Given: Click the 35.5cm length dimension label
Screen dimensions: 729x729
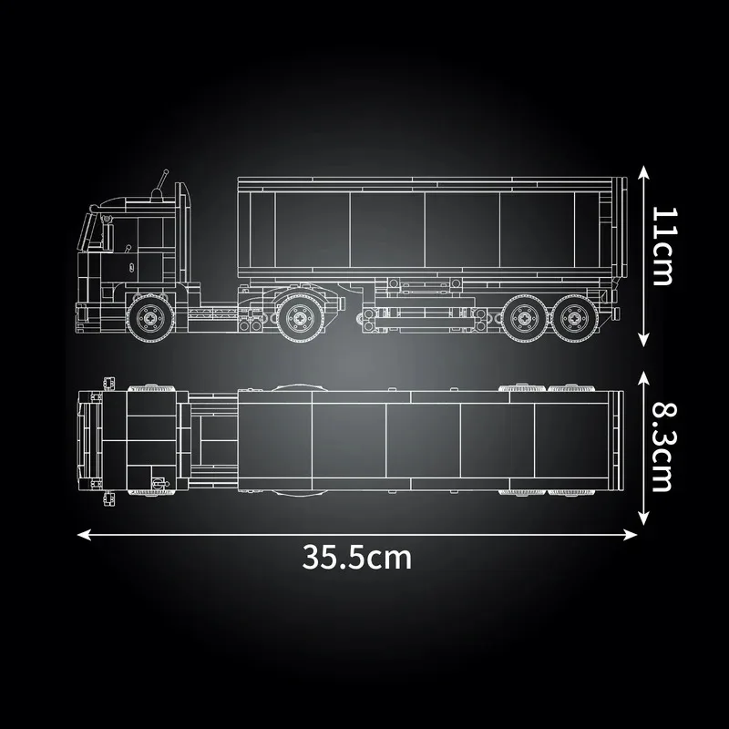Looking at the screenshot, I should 356,555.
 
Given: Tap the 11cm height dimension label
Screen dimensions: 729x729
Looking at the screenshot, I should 663,246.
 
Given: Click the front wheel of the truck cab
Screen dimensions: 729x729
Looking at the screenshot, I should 147,316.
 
